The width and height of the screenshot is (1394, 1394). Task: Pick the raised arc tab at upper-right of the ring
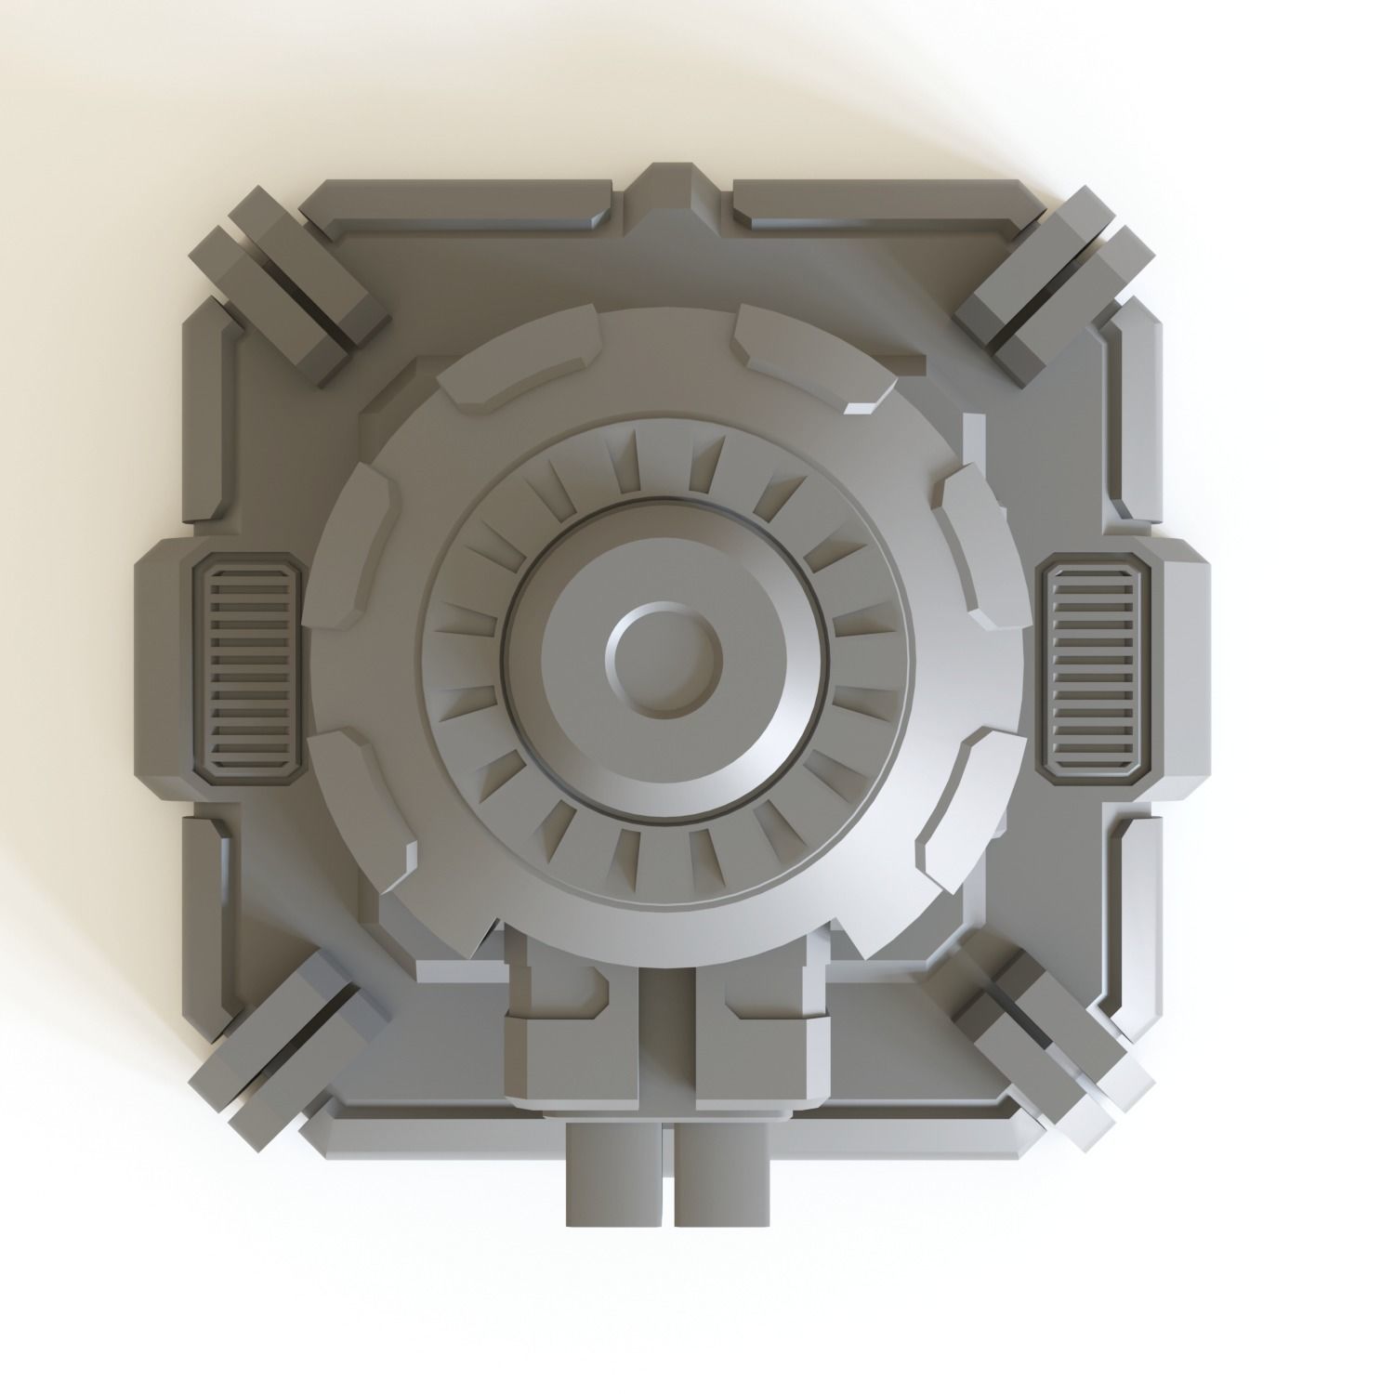(809, 358)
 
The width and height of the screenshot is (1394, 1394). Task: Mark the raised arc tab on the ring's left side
(358, 539)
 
